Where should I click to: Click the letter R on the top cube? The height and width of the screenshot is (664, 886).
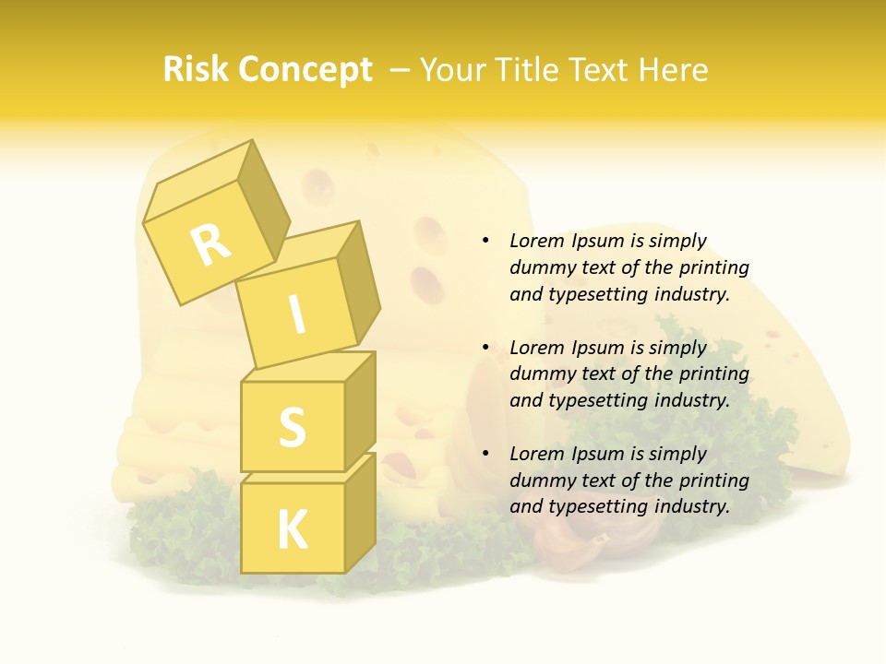(210, 244)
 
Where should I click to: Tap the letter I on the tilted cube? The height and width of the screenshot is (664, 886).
(296, 315)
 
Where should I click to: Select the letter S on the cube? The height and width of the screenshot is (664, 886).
(292, 427)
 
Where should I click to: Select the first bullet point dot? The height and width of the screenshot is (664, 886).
(485, 242)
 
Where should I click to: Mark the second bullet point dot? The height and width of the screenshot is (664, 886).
(485, 348)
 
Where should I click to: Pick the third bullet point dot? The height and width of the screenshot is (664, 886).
(485, 454)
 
